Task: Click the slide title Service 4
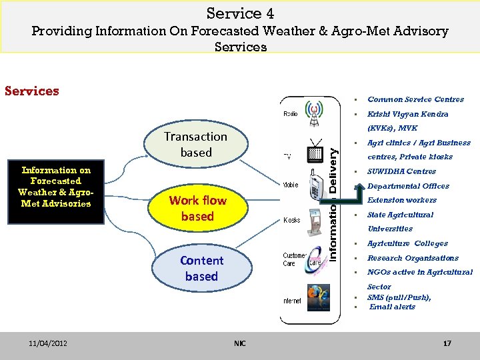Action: (x=240, y=13)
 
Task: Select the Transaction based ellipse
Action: (x=195, y=145)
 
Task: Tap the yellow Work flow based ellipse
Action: (x=197, y=208)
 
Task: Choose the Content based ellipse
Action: (x=201, y=268)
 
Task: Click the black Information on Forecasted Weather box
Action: (x=56, y=187)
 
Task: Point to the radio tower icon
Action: (x=314, y=110)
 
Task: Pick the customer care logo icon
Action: (x=315, y=261)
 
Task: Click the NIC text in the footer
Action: (x=240, y=343)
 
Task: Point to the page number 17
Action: (x=447, y=343)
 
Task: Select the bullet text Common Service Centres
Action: (x=415, y=99)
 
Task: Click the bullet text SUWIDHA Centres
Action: (x=401, y=171)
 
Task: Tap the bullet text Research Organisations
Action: (x=413, y=258)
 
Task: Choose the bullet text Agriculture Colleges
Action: (x=407, y=243)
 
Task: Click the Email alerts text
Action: (x=392, y=307)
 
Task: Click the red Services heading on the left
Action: (x=32, y=91)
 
